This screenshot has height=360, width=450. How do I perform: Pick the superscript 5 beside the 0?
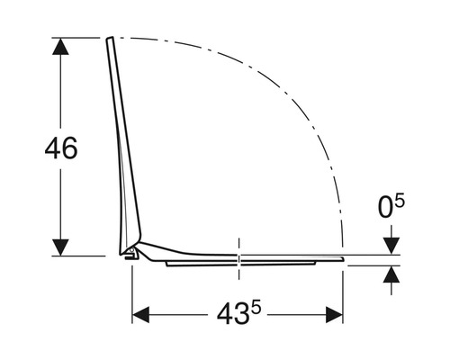click(401, 202)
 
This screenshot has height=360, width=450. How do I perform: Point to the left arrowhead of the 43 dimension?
click(140, 316)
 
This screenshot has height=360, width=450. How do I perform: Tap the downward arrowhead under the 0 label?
click(391, 247)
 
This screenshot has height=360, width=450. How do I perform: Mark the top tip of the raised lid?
click(109, 39)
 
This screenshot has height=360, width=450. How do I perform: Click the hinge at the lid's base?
click(131, 255)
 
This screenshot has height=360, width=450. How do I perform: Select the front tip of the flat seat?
click(342, 257)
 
